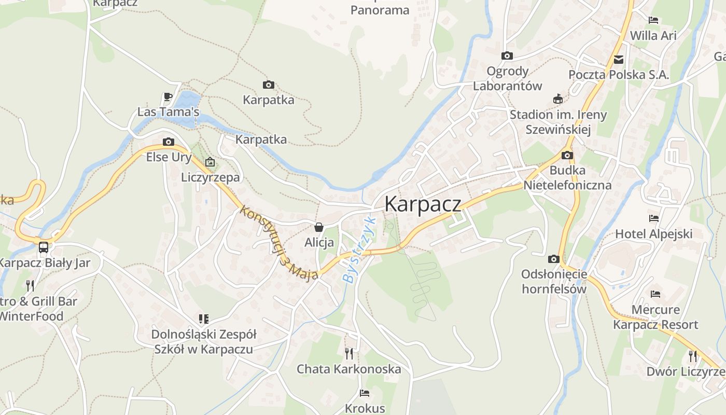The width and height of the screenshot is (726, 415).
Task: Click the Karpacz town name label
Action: pos(422,204)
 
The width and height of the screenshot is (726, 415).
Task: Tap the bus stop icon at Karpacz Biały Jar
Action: pos(44,247)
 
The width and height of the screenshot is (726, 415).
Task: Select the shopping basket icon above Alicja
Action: pos(319,227)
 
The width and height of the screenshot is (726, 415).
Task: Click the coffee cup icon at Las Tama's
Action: pos(167,96)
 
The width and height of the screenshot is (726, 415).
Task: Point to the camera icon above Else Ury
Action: pos(168,142)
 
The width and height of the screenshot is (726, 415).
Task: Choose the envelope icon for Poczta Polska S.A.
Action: pos(619,60)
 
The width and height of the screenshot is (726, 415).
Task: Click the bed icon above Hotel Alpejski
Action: pos(653,218)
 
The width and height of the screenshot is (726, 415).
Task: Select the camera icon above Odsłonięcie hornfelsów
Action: pos(553,259)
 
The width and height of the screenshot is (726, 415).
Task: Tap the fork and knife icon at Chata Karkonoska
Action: pos(349,354)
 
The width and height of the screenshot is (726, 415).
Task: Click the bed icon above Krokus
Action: pos(365,393)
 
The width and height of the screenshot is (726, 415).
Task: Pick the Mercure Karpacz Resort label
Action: pos(655,317)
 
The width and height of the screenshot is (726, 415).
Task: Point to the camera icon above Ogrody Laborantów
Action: pos(507,56)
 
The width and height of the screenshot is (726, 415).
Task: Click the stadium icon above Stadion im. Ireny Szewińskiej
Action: pos(558,99)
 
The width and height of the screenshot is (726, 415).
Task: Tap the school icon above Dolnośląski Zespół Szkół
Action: pos(203,319)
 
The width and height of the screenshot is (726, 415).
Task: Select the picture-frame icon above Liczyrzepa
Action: pos(210,162)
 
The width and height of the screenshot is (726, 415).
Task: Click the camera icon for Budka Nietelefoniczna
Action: pos(567,155)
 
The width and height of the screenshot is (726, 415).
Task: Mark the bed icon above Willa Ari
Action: pos(653,20)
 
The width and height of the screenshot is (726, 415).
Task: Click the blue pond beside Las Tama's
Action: pos(189,100)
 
